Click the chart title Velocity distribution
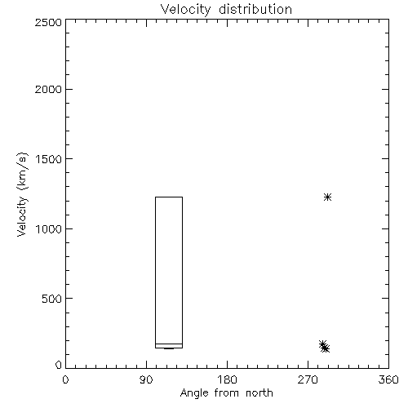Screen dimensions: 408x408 tap(226, 10)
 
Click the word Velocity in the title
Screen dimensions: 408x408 tap(185, 10)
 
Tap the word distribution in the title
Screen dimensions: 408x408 tap(255, 9)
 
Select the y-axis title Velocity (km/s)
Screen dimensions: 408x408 tap(22, 194)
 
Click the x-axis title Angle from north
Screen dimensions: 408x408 tap(226, 393)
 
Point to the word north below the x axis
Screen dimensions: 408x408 tap(259, 392)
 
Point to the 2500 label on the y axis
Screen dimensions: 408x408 tap(48, 22)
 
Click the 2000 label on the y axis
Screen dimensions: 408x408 tap(48, 89)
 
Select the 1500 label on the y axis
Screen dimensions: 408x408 tap(49, 159)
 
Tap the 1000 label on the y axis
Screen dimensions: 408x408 tap(49, 228)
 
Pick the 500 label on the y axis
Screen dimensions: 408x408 tap(52, 299)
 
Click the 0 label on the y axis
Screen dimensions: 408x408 tap(59, 365)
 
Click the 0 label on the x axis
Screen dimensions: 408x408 tap(65, 379)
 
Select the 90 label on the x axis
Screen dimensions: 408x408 tap(146, 379)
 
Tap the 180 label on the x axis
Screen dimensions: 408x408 tap(227, 379)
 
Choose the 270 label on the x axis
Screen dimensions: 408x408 tap(308, 379)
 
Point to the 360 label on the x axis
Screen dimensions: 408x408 tap(388, 379)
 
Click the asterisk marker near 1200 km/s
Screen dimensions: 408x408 tap(328, 197)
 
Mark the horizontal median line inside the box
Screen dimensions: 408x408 tap(169, 344)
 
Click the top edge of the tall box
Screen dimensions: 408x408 tap(169, 197)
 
